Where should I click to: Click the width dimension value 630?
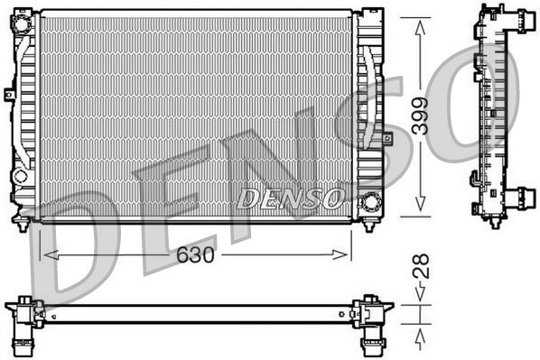pos(195,255)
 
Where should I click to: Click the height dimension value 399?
pos(420,115)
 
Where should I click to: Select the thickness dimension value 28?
pos(420,267)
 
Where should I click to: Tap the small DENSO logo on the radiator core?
pos(289,197)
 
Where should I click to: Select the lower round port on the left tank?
pos(21,176)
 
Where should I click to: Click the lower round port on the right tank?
pos(368,202)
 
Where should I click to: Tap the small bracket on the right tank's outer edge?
pos(386,138)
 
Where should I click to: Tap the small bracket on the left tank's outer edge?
pos(8,93)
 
